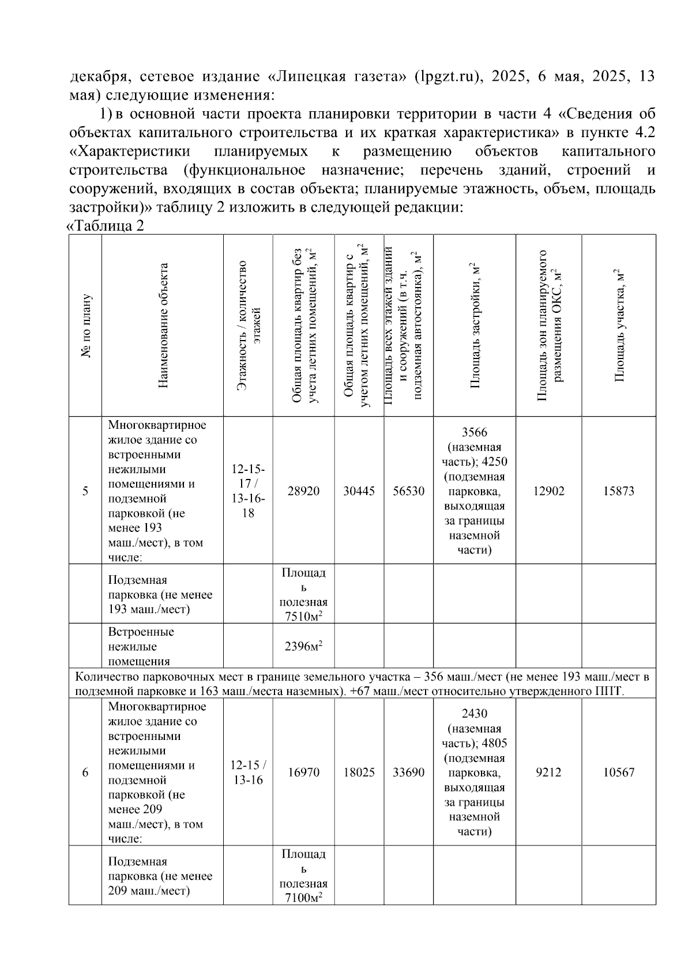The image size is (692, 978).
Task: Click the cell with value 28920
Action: click(303, 491)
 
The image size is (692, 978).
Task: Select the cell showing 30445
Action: click(359, 491)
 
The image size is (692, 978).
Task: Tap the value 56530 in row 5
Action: click(408, 491)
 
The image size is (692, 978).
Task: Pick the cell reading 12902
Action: click(548, 491)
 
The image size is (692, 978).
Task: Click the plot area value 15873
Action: click(618, 491)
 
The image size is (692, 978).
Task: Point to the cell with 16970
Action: click(303, 772)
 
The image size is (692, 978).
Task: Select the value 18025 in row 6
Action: click(359, 772)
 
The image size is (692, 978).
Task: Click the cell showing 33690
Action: click(408, 772)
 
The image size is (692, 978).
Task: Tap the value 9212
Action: click(548, 772)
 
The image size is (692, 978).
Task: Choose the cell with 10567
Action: click(618, 772)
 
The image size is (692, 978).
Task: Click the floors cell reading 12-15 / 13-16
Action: click(248, 772)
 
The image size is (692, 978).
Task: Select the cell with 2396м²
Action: click(303, 646)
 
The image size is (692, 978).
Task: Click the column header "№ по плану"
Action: click(85, 326)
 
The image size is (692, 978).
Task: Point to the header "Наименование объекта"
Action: click(163, 326)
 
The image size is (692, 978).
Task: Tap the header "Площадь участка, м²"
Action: click(619, 326)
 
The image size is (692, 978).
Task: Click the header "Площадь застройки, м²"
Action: click(475, 326)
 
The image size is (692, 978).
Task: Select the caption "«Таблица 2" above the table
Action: click(106, 226)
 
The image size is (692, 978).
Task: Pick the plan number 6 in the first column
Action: click(85, 772)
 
